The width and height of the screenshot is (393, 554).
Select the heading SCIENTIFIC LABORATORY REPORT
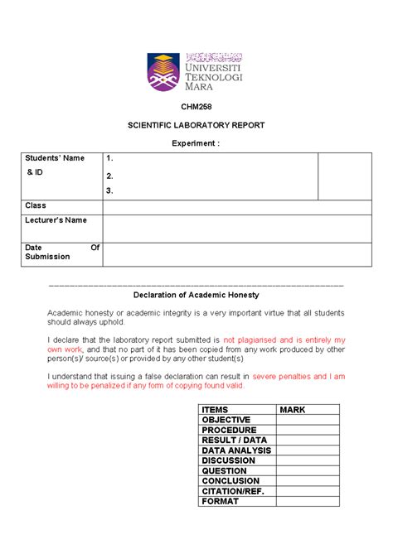[x=196, y=125]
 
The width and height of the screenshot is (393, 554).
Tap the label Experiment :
[x=196, y=142]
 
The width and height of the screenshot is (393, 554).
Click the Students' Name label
[x=51, y=158]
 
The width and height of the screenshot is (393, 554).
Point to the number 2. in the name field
[x=110, y=176]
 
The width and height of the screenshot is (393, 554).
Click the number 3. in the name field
[x=110, y=190]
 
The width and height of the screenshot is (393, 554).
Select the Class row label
[x=36, y=205]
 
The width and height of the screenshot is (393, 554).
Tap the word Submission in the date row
[x=47, y=257]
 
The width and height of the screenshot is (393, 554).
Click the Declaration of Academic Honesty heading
[x=196, y=295]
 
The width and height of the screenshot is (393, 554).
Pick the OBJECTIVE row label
[x=226, y=420]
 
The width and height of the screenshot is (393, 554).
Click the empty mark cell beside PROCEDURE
[x=308, y=430]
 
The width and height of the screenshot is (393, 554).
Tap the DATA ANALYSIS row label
[x=236, y=450]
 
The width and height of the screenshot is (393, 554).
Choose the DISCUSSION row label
[x=229, y=460]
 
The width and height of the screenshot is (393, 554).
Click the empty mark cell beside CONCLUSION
[x=308, y=480]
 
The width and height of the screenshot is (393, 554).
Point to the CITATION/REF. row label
[x=236, y=491]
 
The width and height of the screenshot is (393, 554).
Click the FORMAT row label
[x=220, y=501]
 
